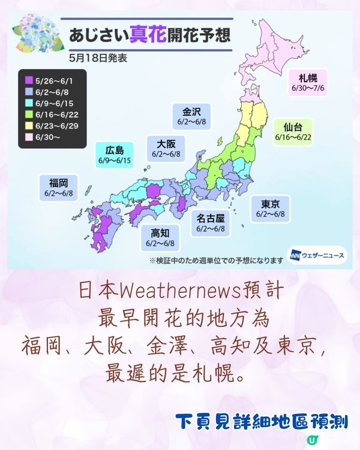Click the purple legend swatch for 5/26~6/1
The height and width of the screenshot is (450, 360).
[29, 79]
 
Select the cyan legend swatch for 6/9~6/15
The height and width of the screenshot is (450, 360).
[29, 102]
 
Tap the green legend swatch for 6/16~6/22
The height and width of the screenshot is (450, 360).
[29, 113]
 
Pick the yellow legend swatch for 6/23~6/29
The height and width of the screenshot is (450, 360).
[29, 125]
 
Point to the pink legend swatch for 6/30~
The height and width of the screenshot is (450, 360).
[29, 136]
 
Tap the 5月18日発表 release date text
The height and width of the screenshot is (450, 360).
[94, 59]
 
